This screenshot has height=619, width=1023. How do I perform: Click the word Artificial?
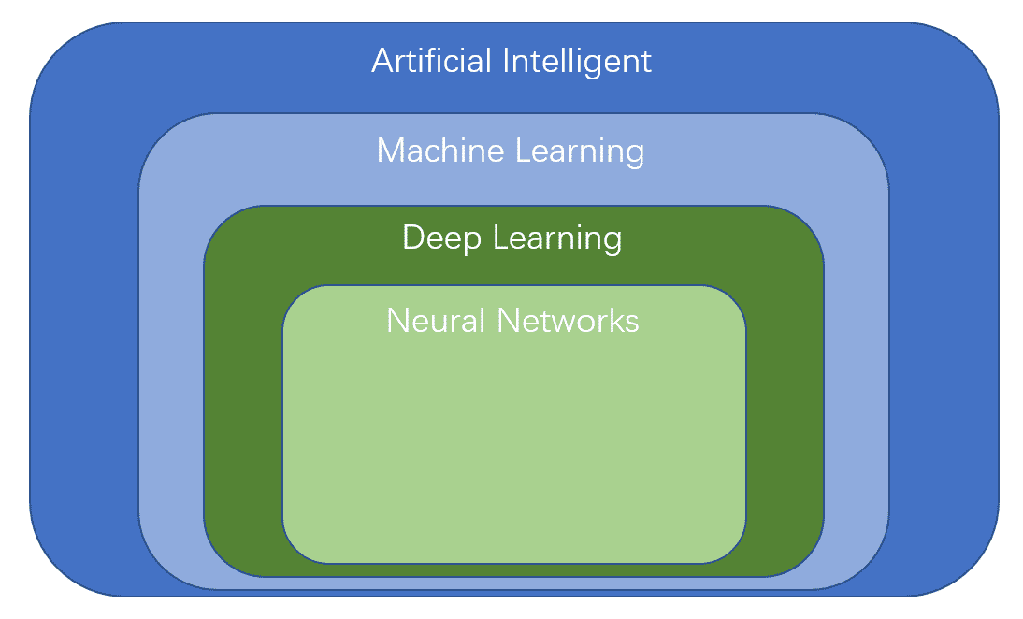click(432, 62)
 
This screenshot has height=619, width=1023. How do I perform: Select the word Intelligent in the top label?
click(578, 62)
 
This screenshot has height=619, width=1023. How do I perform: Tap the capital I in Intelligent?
click(507, 62)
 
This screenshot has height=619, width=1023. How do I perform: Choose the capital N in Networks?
click(509, 321)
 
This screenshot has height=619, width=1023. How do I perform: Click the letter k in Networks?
click(617, 321)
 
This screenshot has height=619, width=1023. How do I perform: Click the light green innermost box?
click(513, 449)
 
